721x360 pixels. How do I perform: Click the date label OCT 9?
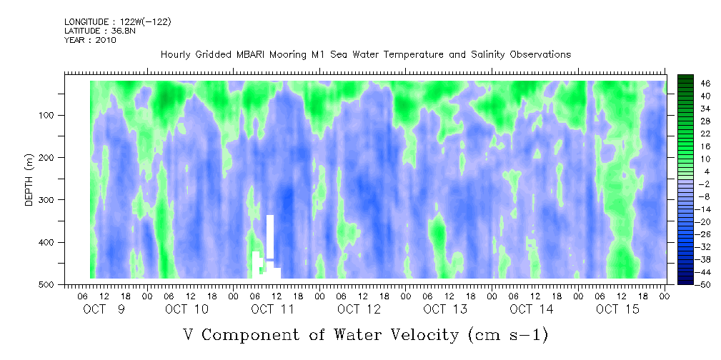click(x=104, y=309)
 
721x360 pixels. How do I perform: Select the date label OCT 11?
click(x=272, y=309)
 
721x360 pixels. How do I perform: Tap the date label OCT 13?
click(x=445, y=309)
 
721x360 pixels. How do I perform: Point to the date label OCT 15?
click(x=617, y=309)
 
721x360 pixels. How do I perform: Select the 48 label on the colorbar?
click(x=705, y=84)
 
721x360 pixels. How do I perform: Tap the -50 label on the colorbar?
click(x=704, y=284)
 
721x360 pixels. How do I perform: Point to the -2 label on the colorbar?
click(x=704, y=184)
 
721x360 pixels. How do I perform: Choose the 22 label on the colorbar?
click(x=705, y=136)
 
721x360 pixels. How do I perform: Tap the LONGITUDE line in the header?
click(x=118, y=22)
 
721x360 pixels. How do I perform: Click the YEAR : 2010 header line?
click(x=90, y=40)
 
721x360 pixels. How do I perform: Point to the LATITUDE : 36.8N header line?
click(x=100, y=31)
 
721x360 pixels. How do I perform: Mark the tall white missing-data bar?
click(x=270, y=236)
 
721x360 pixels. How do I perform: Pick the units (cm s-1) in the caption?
click(x=507, y=335)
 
